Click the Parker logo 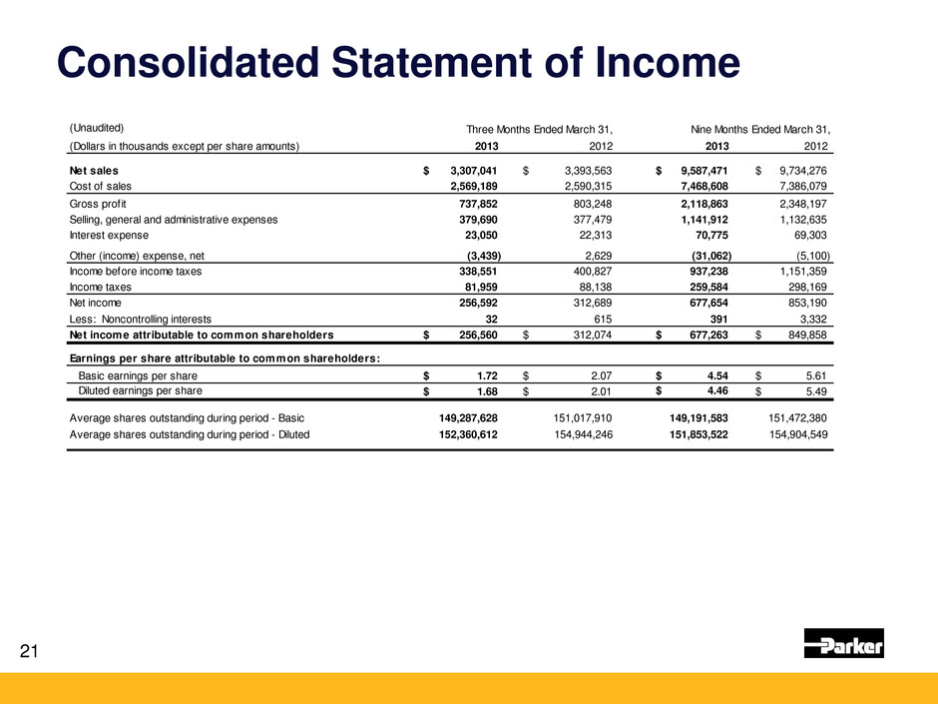tap(844, 644)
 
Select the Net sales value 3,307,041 tap(467, 170)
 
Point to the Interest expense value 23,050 tap(476, 235)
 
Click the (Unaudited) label tap(96, 128)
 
